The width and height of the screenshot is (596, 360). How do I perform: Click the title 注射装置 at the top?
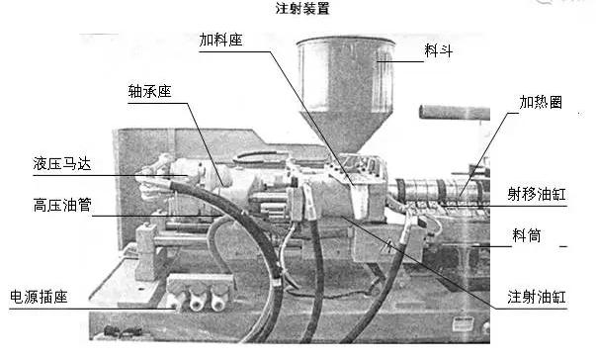point(302,9)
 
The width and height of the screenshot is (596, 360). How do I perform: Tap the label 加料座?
point(220,40)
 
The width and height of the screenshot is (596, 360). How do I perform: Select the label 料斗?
point(438,50)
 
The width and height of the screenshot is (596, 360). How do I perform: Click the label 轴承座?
point(150,91)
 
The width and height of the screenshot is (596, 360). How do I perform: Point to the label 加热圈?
point(541,102)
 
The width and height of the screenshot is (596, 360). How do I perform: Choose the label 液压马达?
point(62,164)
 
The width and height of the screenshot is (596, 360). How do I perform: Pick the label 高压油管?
point(62,205)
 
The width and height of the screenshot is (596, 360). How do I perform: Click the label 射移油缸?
point(537,194)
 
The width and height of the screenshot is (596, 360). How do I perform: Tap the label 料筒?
point(527,235)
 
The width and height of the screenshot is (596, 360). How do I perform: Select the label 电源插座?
point(39,297)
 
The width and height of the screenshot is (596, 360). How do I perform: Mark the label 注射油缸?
point(537,297)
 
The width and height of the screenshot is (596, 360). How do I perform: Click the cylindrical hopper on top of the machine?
point(346,74)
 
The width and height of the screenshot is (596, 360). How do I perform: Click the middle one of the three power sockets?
point(198,301)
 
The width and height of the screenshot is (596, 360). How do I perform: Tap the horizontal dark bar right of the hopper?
point(455,113)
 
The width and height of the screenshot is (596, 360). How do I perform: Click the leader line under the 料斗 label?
point(400,61)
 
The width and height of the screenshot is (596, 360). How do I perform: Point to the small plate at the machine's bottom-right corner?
point(463,323)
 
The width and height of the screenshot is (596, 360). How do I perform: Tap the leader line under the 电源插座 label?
point(93,309)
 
